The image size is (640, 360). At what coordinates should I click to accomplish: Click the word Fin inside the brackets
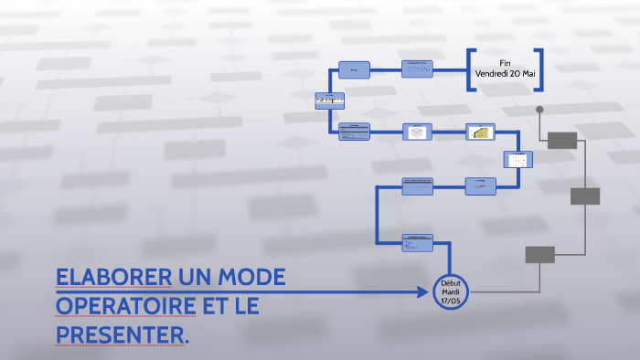[505, 61]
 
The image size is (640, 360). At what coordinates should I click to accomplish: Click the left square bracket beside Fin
[471, 69]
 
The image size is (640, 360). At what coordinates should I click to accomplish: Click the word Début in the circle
[449, 282]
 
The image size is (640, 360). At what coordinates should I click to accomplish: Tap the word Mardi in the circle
[449, 291]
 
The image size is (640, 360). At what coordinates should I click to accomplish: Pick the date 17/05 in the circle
[449, 301]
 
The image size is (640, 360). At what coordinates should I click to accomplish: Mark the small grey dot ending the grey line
[539, 110]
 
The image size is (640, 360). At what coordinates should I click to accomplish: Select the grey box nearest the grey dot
[562, 140]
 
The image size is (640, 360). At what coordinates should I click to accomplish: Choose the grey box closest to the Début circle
[539, 255]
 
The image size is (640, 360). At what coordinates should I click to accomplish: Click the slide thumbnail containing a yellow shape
[479, 132]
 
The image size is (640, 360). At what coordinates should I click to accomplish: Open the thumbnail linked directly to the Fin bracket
[418, 69]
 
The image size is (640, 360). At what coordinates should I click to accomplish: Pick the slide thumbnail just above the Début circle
[418, 242]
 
